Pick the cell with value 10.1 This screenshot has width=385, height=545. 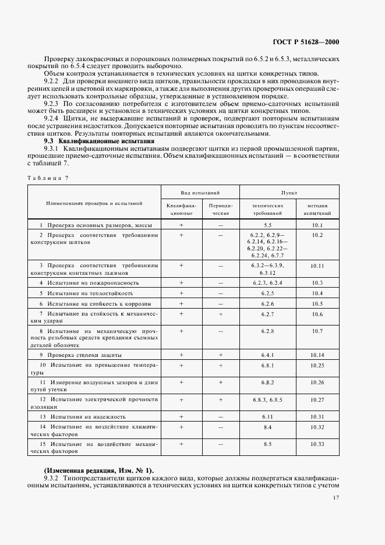coord(317,225)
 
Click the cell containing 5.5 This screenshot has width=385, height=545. coord(267,225)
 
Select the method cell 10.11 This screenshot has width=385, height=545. coord(317,265)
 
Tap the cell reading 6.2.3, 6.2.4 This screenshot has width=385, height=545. coord(267,282)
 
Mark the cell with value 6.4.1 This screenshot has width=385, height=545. coord(267,355)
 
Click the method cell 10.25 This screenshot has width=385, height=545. coord(317,365)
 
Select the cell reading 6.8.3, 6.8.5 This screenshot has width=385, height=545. coord(267,400)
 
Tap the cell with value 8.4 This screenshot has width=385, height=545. coord(267,427)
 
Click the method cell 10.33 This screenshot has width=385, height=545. coord(317,444)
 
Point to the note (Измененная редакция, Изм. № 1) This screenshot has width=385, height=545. coord(94,469)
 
